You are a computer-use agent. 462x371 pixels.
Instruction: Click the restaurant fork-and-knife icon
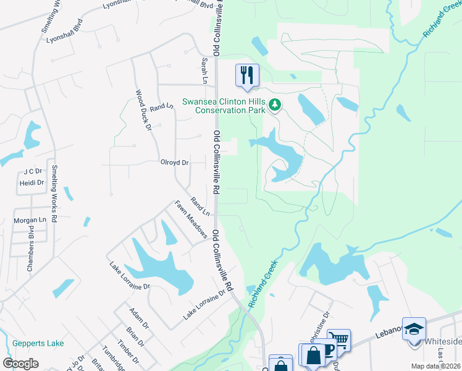(x=246, y=75)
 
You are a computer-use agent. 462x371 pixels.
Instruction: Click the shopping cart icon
(x=338, y=339)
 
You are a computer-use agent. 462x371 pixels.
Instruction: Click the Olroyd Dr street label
(x=175, y=163)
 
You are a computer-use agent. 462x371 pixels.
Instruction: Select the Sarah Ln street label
(x=204, y=70)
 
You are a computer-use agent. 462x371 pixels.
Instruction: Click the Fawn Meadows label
(x=190, y=220)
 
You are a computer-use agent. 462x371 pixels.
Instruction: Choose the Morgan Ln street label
(x=30, y=220)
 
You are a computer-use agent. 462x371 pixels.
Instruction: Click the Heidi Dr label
(x=31, y=182)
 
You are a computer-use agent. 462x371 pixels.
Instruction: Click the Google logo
(x=21, y=364)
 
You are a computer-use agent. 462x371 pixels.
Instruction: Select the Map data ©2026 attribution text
(x=436, y=366)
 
